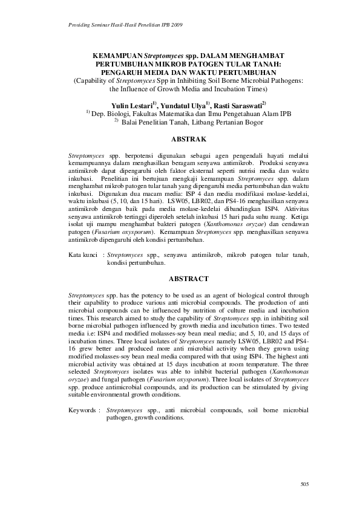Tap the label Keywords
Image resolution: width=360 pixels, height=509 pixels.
[x=83, y=410]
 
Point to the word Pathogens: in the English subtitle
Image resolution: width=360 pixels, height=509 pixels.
[x=287, y=79]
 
